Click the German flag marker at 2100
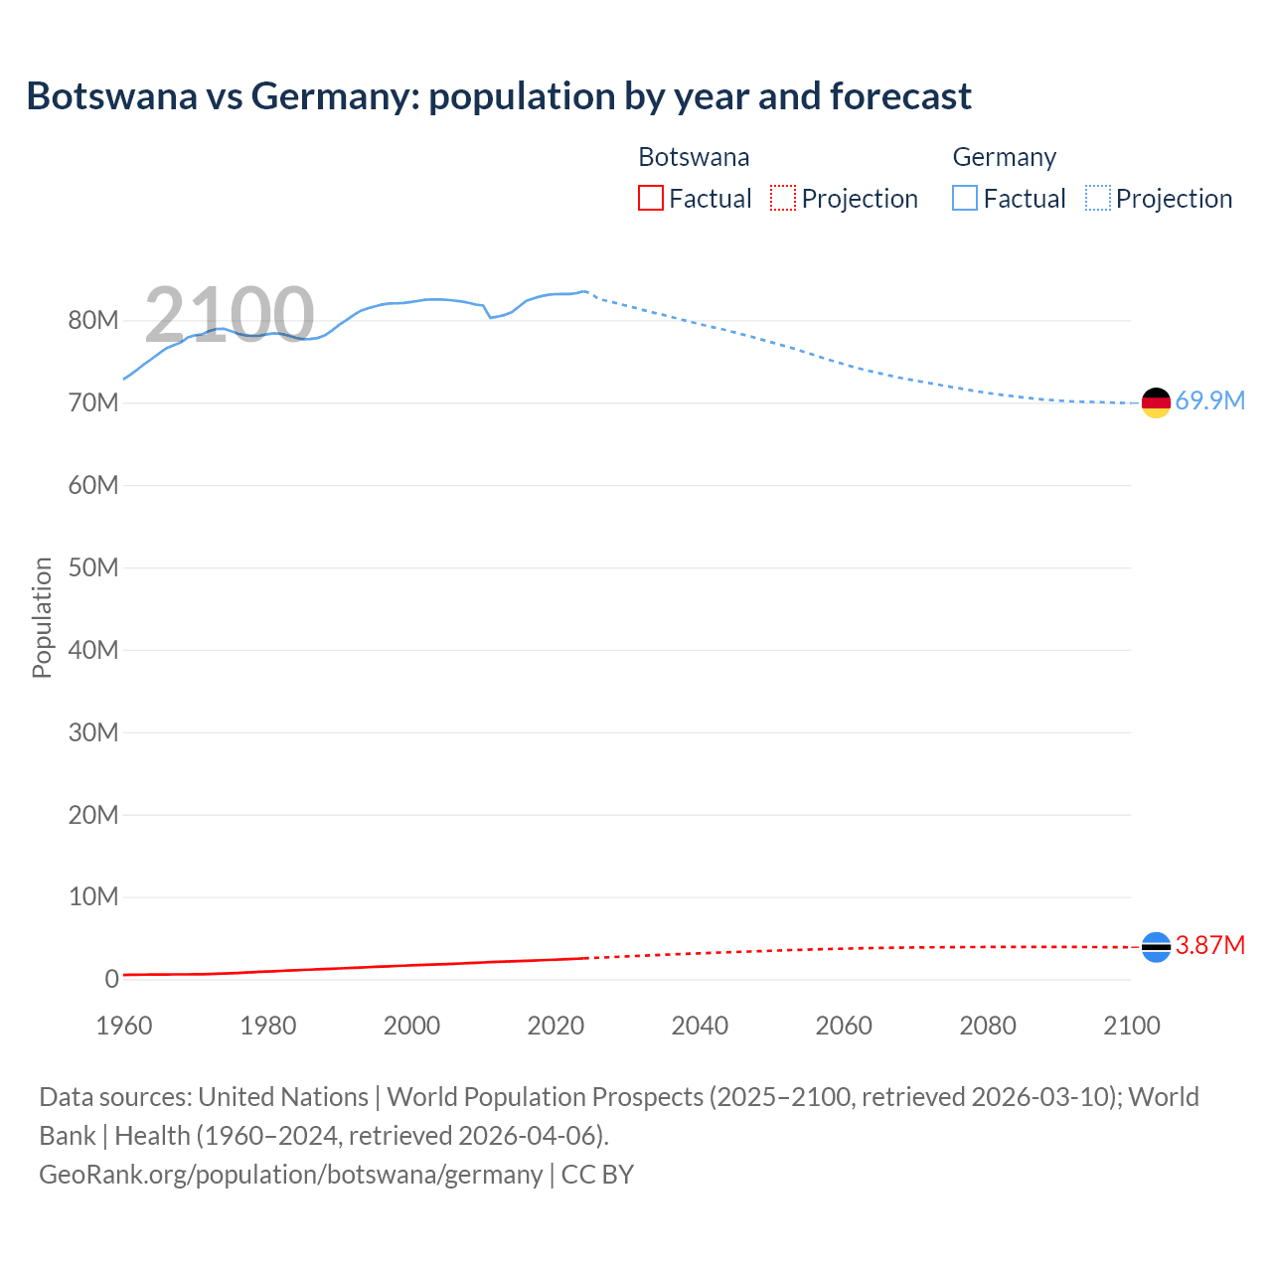click(x=1156, y=402)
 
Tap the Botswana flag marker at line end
click(x=1156, y=947)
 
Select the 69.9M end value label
click(x=1209, y=400)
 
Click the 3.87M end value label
click(x=1209, y=945)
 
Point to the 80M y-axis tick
click(x=93, y=320)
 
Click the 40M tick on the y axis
click(x=93, y=650)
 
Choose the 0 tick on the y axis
click(x=112, y=979)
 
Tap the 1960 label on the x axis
click(x=124, y=1026)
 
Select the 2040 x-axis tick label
click(x=700, y=1026)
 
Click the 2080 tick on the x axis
click(x=988, y=1026)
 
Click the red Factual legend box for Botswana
click(x=651, y=198)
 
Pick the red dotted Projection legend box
click(x=783, y=198)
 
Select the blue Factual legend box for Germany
click(x=965, y=198)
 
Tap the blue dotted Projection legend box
click(x=1098, y=198)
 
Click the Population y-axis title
click(x=42, y=617)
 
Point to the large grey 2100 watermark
click(x=230, y=315)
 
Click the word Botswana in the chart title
click(x=112, y=96)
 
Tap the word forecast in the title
click(x=900, y=96)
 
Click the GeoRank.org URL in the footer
click(x=290, y=1174)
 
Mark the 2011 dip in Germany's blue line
click(x=490, y=317)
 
